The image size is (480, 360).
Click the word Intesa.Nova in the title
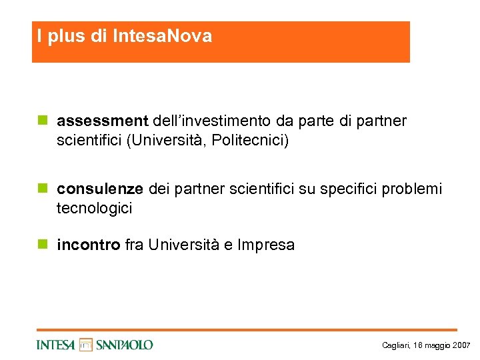163,36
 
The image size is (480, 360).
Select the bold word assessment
103,121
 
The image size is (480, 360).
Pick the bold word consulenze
100,189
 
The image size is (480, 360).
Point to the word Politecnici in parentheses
249,141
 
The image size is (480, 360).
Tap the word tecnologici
95,209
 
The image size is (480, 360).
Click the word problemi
414,189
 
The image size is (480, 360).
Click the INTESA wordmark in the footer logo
56,345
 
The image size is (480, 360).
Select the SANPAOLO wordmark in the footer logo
124,345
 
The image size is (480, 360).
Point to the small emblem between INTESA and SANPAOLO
85,344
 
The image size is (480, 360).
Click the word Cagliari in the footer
396,345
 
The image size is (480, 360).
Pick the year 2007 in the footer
461,345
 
